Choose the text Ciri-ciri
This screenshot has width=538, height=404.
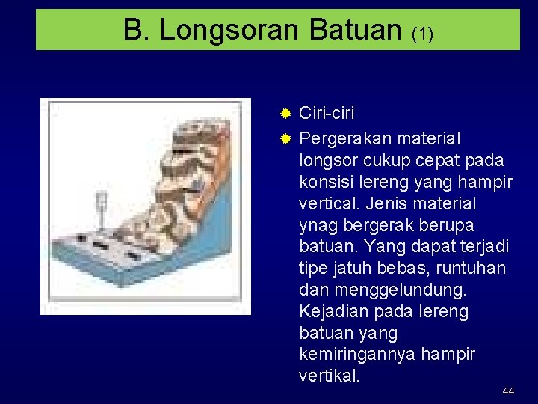(327, 114)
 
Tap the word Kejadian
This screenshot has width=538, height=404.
(332, 310)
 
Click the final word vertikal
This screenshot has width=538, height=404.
(329, 376)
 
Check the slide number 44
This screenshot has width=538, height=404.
(508, 391)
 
